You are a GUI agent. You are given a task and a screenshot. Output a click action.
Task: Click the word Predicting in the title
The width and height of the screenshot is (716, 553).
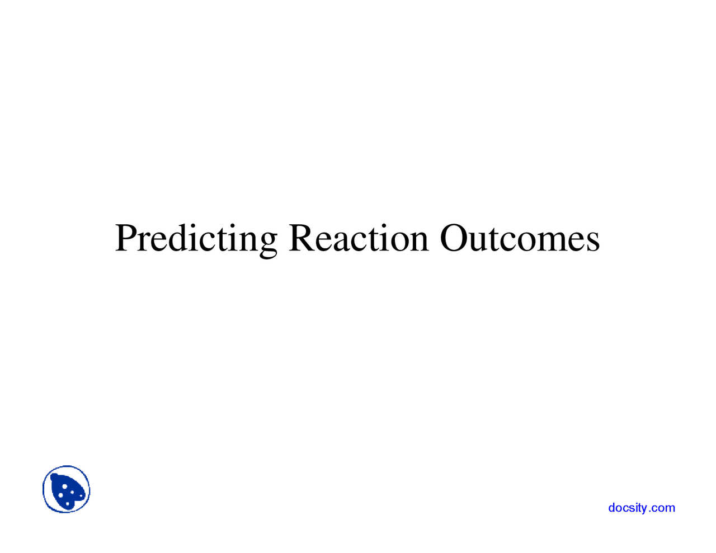click(196, 239)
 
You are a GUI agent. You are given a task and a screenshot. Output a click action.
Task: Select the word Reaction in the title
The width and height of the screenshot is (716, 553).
click(358, 238)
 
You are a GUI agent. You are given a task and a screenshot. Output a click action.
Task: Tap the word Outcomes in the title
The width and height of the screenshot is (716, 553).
click(520, 238)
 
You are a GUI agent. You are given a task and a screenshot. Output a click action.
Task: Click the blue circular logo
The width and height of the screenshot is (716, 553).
click(67, 489)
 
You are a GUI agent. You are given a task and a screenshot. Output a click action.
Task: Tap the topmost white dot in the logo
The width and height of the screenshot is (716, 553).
click(65, 486)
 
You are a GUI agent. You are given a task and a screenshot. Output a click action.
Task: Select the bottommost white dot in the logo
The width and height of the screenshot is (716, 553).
click(68, 504)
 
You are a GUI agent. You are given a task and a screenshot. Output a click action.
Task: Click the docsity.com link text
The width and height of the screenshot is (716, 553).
click(642, 508)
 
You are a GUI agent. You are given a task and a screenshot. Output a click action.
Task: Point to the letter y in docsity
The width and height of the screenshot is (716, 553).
click(644, 509)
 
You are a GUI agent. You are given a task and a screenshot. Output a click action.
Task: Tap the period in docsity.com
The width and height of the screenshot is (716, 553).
click(649, 511)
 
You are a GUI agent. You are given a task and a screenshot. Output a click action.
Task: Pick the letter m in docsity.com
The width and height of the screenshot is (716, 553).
click(670, 508)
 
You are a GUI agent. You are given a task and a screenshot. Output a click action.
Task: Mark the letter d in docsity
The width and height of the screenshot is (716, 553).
click(611, 508)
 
